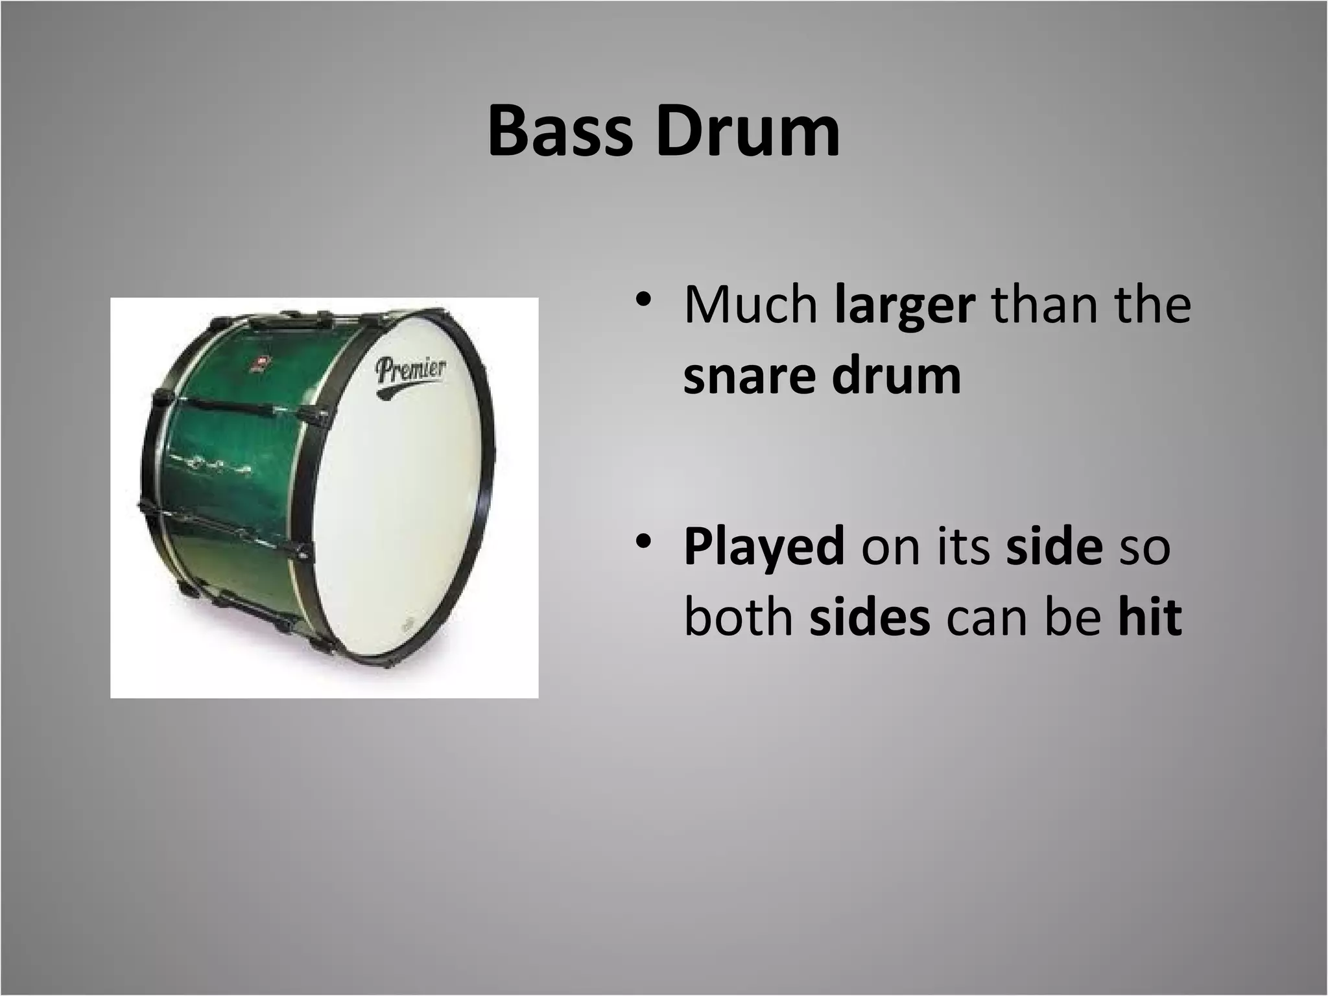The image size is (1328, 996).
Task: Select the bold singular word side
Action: tap(1054, 547)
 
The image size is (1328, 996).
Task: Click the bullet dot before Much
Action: tap(642, 300)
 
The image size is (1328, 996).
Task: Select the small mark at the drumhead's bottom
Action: tap(408, 625)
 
